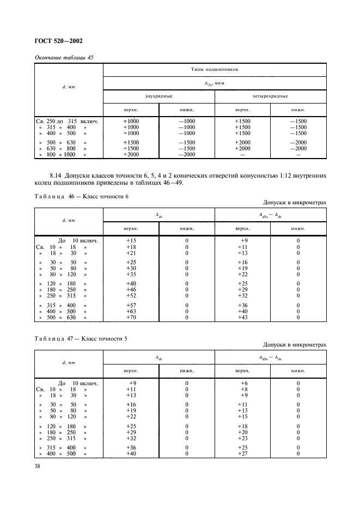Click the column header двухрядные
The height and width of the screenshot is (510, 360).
coord(158,96)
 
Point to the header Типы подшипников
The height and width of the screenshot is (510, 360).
coord(215,70)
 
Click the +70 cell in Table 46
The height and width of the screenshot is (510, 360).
coord(131,317)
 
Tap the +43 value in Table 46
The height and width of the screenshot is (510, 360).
coord(243,317)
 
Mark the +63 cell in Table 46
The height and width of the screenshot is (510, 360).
coord(131,311)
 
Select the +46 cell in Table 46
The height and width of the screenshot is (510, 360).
coord(131,290)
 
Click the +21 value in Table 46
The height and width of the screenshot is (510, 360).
coord(131,253)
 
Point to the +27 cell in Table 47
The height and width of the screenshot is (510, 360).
coord(243,453)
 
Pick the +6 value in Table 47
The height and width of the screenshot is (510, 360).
coord(243,383)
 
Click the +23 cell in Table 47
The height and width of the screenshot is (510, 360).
coord(243,438)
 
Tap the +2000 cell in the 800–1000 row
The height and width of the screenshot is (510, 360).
coord(131,155)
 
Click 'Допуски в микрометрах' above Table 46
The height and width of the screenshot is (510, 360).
coord(295,203)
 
